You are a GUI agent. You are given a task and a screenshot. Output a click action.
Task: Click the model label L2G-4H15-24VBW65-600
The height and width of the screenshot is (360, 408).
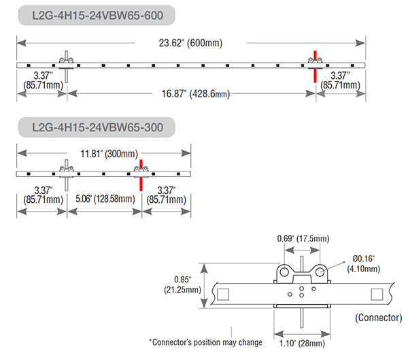tap(97, 16)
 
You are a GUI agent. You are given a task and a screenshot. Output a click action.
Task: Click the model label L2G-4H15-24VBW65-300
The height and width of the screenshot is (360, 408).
tap(97, 127)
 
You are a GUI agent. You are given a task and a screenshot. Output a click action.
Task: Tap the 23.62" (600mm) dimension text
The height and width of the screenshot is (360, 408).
tap(190, 43)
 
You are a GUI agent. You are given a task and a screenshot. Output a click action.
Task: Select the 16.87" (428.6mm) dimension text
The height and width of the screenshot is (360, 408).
tap(196, 94)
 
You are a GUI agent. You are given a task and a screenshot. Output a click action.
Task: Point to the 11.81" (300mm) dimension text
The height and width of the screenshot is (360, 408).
tap(109, 154)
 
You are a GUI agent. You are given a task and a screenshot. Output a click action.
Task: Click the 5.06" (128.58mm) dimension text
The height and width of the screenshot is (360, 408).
tap(105, 199)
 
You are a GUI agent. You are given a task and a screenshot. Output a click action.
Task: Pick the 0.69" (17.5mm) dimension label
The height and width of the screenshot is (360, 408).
tap(303, 238)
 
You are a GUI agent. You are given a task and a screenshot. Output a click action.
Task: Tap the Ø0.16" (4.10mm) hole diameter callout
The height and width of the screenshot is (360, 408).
tap(364, 263)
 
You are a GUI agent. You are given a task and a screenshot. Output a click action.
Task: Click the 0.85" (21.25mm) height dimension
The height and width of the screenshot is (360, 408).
tap(182, 284)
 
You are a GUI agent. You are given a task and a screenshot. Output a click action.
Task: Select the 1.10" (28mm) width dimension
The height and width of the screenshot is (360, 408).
tap(302, 344)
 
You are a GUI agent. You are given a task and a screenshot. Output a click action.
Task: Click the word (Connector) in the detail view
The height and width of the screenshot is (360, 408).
tap(379, 318)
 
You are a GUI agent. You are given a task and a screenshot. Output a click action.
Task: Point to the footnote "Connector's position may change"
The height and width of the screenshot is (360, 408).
tap(205, 342)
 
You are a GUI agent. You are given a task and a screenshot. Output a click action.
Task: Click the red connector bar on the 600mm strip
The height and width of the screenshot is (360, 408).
tap(315, 67)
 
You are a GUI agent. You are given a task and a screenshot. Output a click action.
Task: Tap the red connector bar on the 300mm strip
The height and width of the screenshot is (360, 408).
tap(141, 176)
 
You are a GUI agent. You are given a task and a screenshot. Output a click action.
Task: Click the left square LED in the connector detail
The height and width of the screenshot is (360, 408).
tap(223, 295)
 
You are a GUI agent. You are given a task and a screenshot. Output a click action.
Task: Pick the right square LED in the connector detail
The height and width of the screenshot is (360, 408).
tap(377, 295)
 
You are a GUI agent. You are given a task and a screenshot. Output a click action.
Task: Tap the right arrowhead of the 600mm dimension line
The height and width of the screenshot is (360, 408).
tap(360, 43)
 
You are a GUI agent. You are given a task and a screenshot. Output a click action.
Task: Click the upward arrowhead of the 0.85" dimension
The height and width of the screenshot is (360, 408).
tap(204, 269)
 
